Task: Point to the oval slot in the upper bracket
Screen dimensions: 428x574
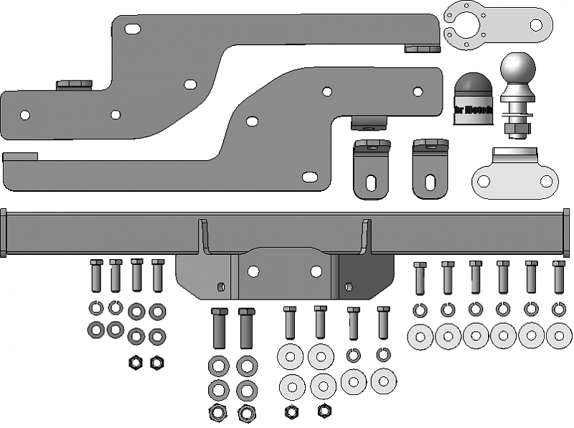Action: tap(133, 29)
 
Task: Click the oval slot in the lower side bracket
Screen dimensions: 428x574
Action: tap(311, 176)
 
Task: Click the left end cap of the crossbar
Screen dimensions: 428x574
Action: tap(4, 232)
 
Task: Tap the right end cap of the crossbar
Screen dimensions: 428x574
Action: tap(567, 232)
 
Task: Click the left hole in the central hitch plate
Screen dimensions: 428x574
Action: tap(253, 271)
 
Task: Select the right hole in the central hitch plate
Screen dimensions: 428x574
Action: tap(316, 271)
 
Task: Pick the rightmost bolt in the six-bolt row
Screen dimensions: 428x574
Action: tap(559, 277)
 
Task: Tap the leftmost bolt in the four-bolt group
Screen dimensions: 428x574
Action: tap(96, 274)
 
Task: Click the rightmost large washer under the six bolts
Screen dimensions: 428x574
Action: tap(559, 335)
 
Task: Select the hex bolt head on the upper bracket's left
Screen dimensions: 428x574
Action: tap(74, 85)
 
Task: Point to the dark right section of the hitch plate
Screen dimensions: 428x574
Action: tap(366, 276)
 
